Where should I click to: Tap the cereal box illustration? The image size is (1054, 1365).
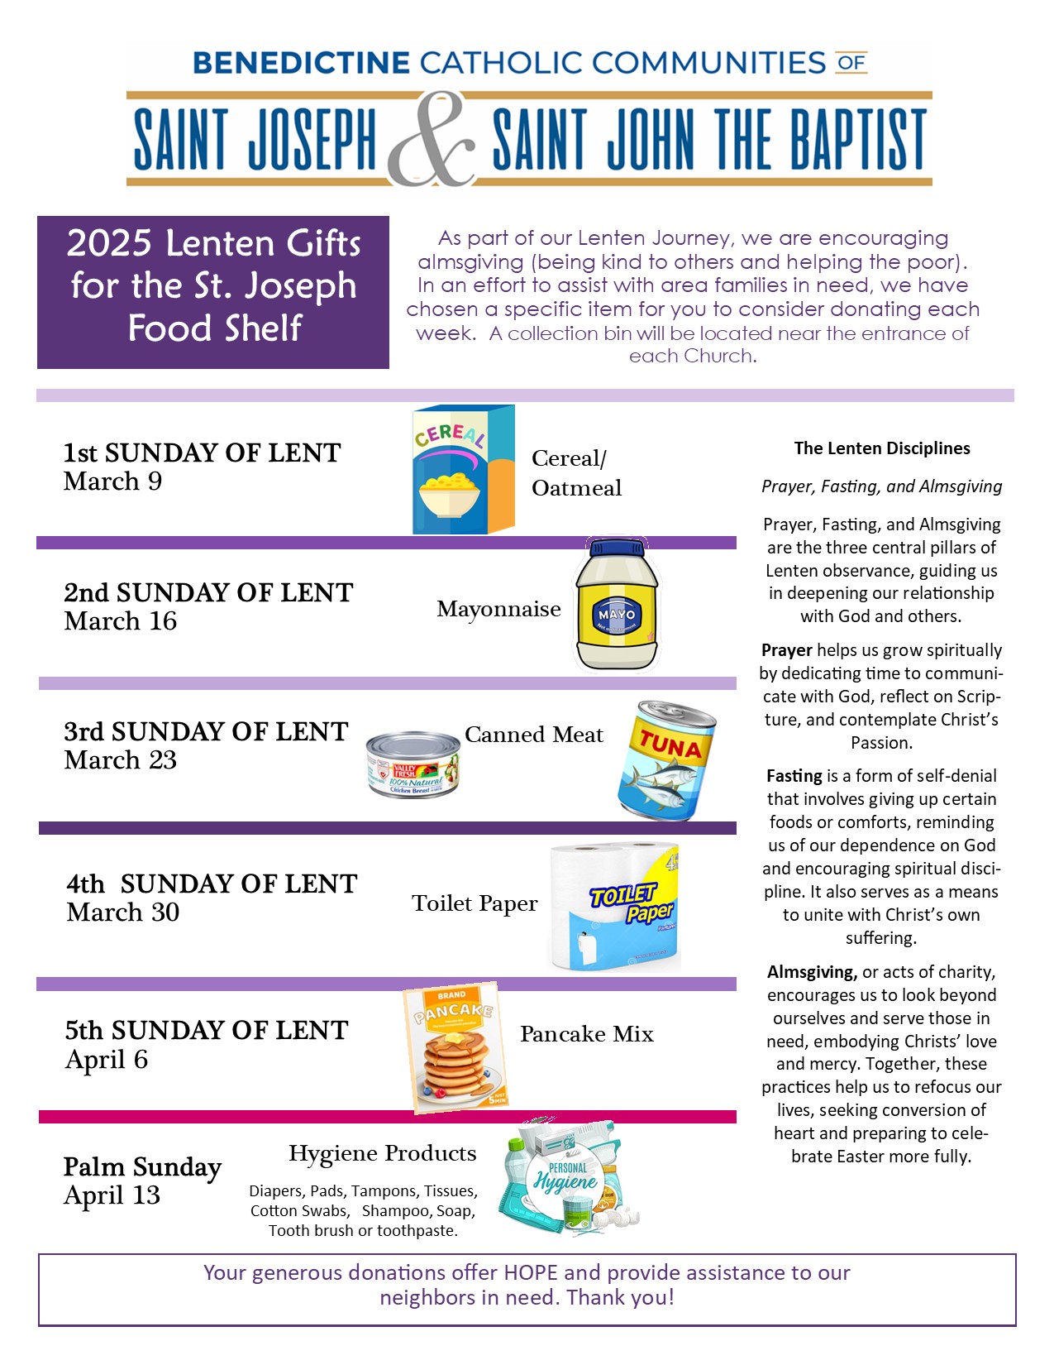(463, 469)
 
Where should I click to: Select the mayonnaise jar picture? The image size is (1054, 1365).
(617, 606)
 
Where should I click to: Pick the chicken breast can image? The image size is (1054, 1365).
(413, 765)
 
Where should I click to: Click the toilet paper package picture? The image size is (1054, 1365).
(615, 908)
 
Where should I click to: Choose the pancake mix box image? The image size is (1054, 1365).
(455, 1047)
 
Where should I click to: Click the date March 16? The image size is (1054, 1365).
(121, 621)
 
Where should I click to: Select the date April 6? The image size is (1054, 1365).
(107, 1060)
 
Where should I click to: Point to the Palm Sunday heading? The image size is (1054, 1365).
(142, 1167)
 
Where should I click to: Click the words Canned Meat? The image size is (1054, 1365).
(534, 735)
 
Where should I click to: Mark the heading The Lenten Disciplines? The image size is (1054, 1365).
(882, 448)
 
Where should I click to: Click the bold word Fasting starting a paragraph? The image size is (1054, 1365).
(794, 776)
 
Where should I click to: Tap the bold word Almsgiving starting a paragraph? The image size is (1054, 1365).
(812, 972)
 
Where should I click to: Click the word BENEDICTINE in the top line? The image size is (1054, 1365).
(301, 63)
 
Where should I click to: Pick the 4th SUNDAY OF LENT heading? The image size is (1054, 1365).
(212, 884)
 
